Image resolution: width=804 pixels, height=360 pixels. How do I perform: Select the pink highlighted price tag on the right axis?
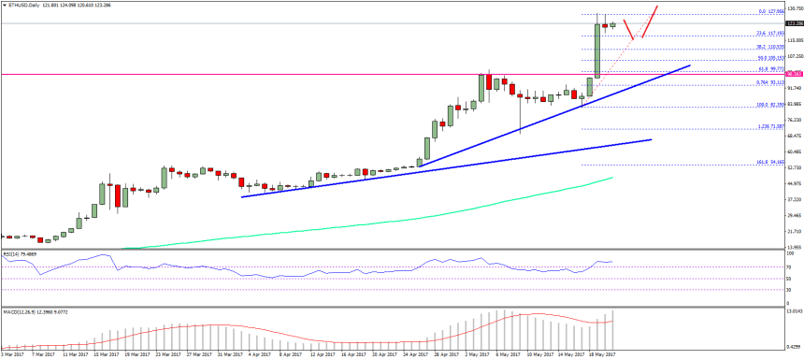[792, 73]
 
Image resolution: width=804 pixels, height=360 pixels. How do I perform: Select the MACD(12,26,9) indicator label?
[28, 310]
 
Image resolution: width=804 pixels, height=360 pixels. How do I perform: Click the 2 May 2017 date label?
[478, 355]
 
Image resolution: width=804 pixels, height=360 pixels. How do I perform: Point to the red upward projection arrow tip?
[656, 6]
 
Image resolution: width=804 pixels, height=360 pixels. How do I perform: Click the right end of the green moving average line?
[612, 177]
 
